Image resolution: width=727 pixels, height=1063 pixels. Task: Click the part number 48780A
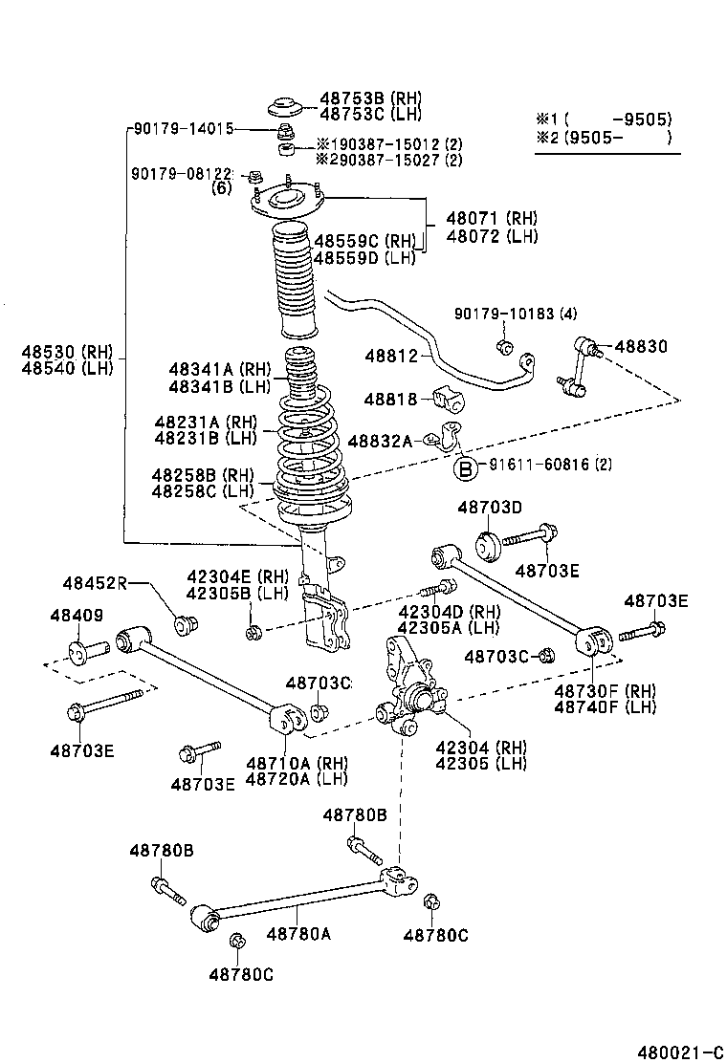(298, 933)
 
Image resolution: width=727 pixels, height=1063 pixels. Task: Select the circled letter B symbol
(464, 468)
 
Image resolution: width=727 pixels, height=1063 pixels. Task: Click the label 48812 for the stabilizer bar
(391, 357)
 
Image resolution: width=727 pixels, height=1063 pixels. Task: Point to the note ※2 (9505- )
(603, 139)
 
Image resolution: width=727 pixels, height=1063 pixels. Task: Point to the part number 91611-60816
(537, 466)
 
